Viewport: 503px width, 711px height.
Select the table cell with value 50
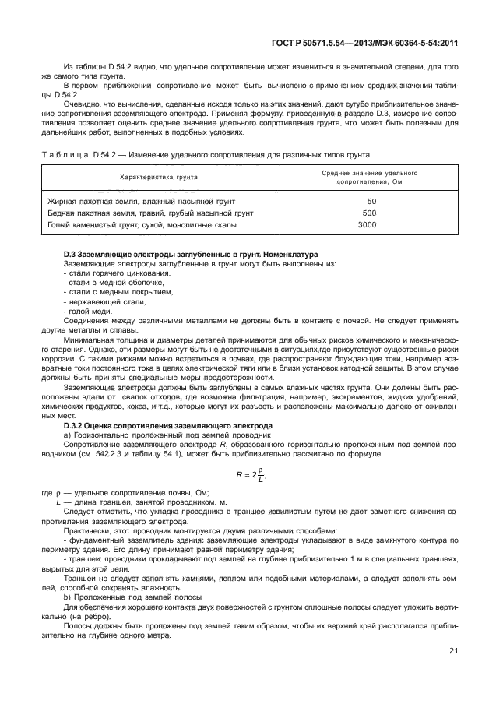(x=371, y=202)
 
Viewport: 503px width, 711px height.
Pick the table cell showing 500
(x=370, y=213)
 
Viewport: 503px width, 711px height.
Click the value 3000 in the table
(x=367, y=225)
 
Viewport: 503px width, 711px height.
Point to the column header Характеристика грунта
(x=158, y=177)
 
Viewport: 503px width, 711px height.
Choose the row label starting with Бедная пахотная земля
(x=149, y=213)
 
